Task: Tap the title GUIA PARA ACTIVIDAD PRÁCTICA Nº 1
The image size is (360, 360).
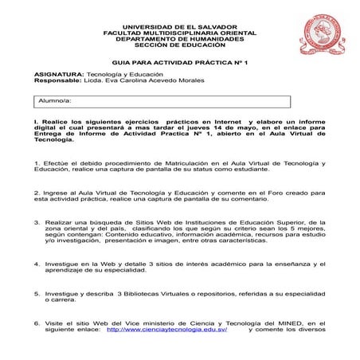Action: tap(180, 61)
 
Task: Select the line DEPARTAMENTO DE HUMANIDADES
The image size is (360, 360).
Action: tap(180, 38)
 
